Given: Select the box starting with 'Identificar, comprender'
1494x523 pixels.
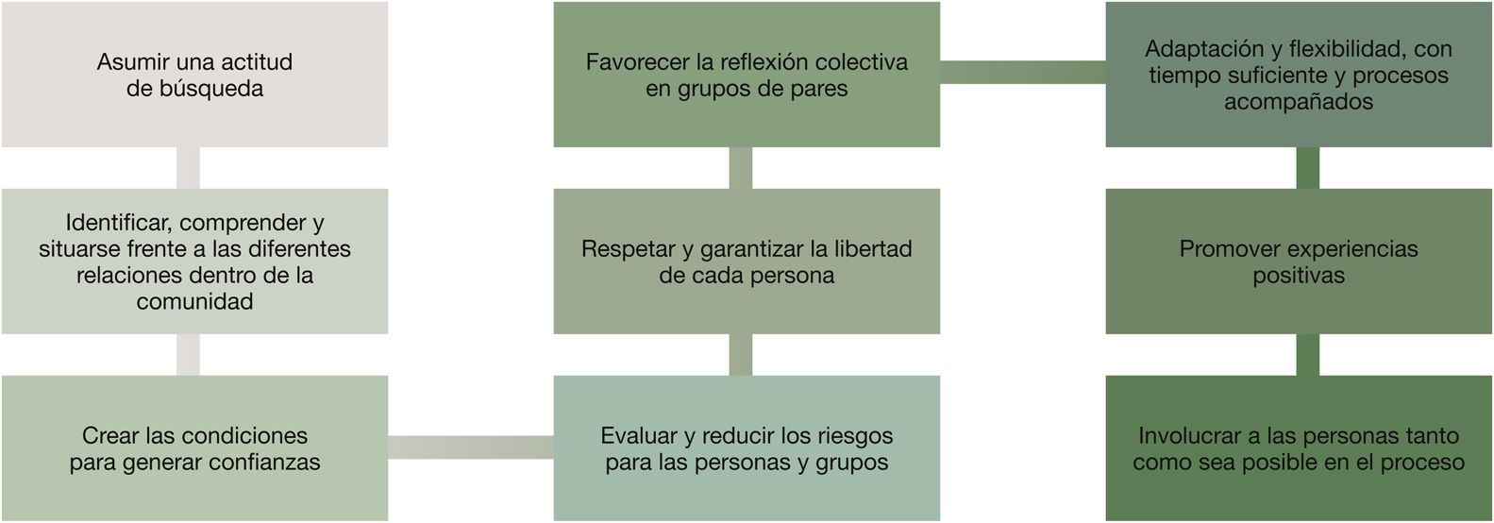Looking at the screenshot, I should tap(194, 261).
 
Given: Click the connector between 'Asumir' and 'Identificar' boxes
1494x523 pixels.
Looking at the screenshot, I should tap(189, 168).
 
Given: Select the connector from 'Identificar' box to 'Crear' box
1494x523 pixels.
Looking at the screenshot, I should tap(189, 355).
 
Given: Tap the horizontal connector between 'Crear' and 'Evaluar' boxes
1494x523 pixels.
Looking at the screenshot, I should tap(471, 447).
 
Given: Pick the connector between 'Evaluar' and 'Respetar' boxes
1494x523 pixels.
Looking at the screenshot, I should tap(741, 355).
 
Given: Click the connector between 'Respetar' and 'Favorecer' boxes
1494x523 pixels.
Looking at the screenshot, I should tap(741, 168).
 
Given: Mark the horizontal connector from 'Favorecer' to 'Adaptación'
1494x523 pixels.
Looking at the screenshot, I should tap(1022, 72).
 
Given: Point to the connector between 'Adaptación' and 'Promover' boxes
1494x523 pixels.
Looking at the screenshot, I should tap(1307, 168).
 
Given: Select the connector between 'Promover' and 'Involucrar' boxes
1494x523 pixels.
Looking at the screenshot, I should tap(1307, 355).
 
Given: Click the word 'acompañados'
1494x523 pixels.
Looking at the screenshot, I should tap(1299, 102).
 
